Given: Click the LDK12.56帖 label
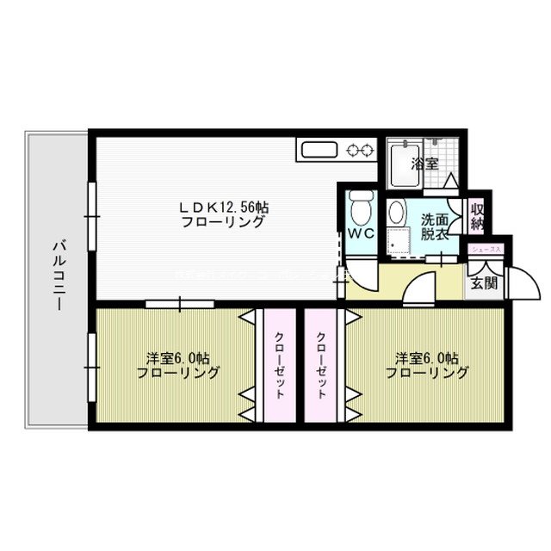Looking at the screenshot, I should point(223,207).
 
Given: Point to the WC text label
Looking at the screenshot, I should point(360,232).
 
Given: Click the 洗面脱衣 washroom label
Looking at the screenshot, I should point(435,226).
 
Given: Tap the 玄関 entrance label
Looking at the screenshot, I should point(483,283).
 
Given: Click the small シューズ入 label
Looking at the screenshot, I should point(485,249).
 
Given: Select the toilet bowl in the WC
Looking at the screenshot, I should point(360,207).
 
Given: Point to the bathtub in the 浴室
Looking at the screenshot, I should point(400,165).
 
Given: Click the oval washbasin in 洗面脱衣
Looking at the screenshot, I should point(397,212).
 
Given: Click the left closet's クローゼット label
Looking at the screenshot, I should point(280,365).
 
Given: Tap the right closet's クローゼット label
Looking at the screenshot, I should point(322,365).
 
